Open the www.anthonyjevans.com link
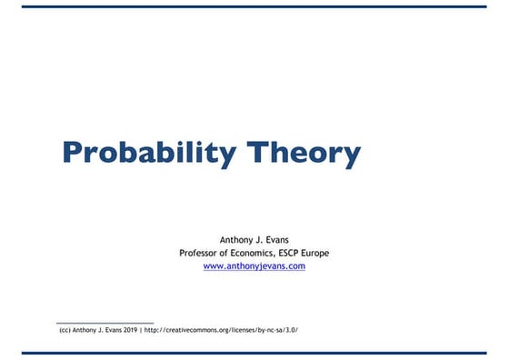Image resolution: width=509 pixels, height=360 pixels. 254,266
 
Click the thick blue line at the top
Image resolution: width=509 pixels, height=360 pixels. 254,5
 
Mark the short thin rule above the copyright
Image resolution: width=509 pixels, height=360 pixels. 105,323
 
